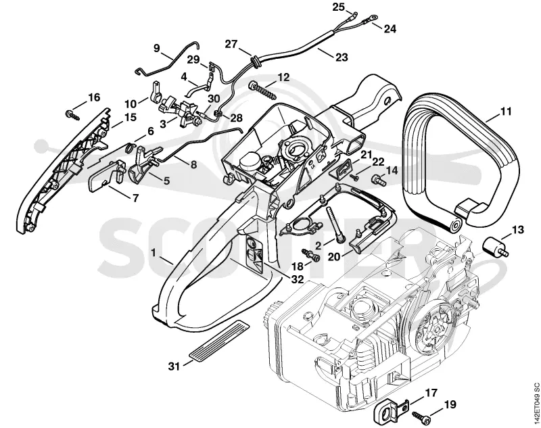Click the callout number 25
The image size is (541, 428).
point(339,7)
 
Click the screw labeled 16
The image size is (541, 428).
point(72,115)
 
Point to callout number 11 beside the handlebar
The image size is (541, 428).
point(506,112)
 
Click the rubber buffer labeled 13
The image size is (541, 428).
point(494,247)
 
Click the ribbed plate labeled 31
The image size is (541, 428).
point(217,340)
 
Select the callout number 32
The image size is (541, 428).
point(297,279)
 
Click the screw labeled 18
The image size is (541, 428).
point(311,255)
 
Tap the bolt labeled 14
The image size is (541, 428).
point(379,180)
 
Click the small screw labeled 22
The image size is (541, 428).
point(354,176)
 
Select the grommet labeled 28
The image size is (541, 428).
point(218,113)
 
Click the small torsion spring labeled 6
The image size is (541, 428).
point(129,147)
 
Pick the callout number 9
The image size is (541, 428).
point(157,48)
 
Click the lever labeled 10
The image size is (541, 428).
point(156,91)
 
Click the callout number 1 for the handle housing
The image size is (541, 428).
point(154,253)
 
